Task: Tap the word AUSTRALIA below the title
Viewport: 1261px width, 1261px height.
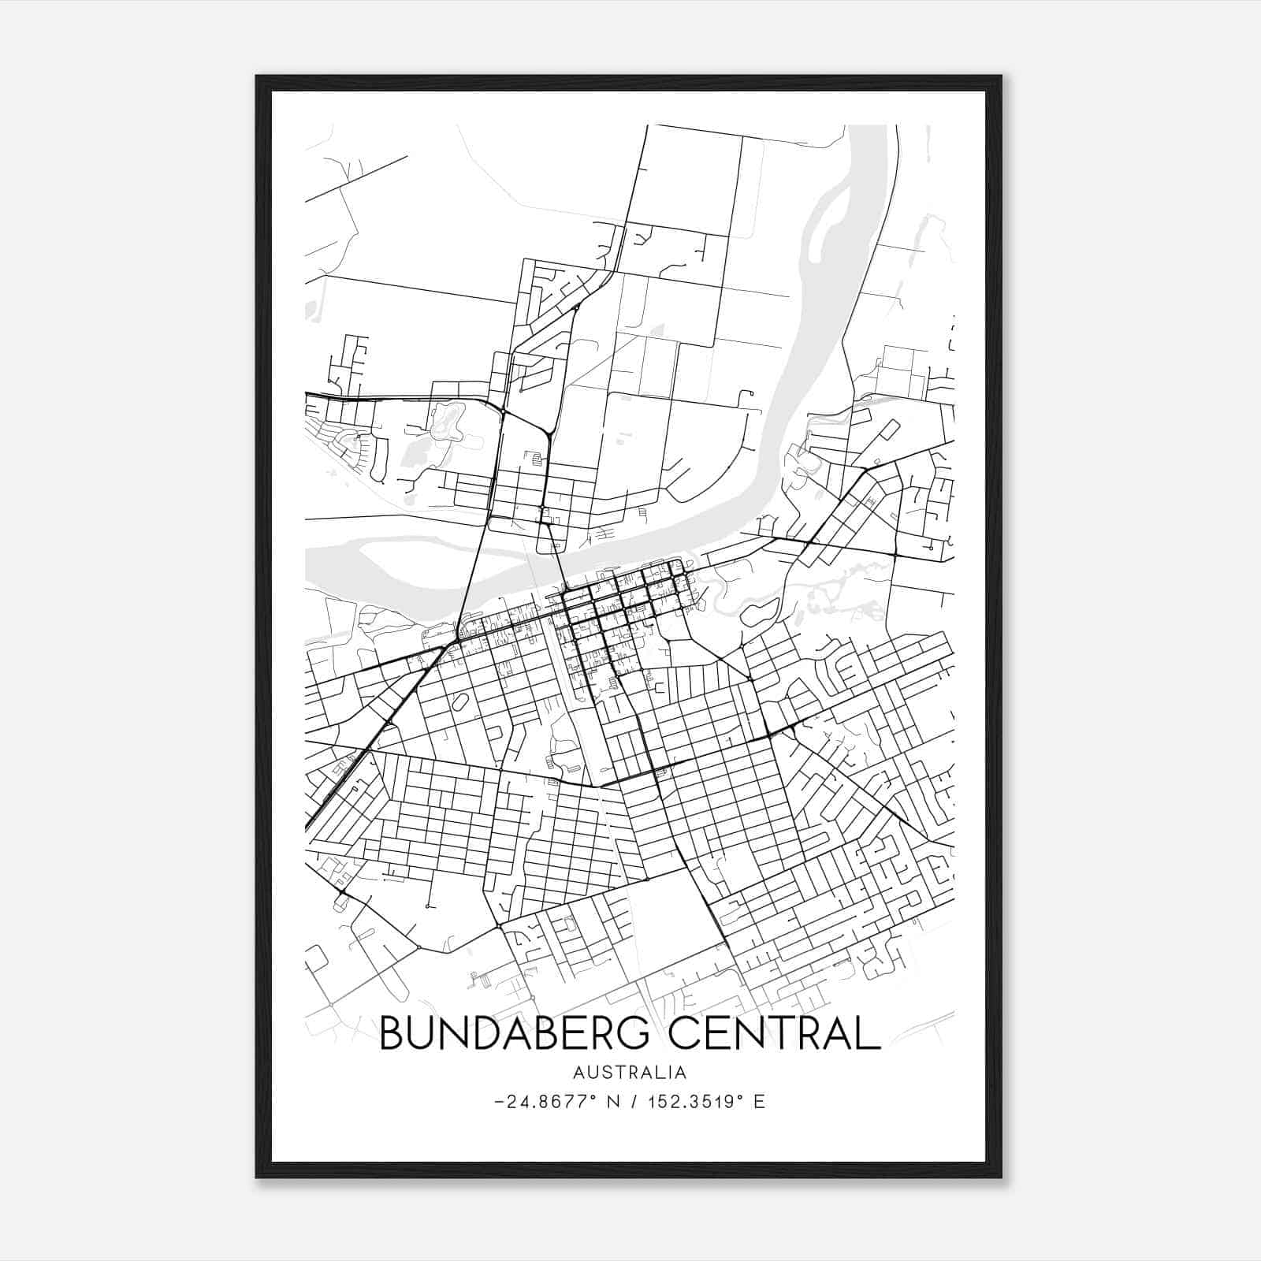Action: pyautogui.click(x=630, y=1073)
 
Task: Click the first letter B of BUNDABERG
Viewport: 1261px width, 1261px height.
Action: pyautogui.click(x=392, y=1033)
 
